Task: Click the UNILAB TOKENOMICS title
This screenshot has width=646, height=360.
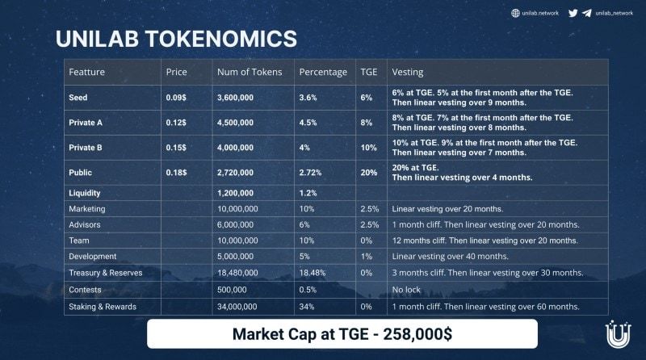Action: click(x=175, y=38)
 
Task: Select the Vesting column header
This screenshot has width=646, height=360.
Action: click(x=408, y=72)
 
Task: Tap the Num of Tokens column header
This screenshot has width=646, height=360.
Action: click(x=250, y=72)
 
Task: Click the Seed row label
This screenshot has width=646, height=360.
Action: click(x=79, y=98)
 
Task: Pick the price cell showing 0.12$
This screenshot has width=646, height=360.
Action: click(x=176, y=123)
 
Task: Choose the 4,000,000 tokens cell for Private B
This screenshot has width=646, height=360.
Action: click(x=241, y=148)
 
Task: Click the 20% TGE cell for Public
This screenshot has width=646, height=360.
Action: click(x=368, y=173)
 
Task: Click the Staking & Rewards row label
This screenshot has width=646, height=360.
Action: click(x=103, y=307)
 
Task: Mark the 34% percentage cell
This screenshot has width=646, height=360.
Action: click(x=308, y=307)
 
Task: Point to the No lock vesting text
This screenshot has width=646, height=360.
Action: click(x=407, y=290)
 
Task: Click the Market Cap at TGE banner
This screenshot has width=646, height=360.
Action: click(x=342, y=333)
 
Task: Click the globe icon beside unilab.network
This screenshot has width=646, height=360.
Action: click(x=515, y=13)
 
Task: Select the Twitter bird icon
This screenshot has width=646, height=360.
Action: click(x=573, y=13)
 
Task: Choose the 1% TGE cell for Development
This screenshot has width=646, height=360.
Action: click(x=366, y=257)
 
